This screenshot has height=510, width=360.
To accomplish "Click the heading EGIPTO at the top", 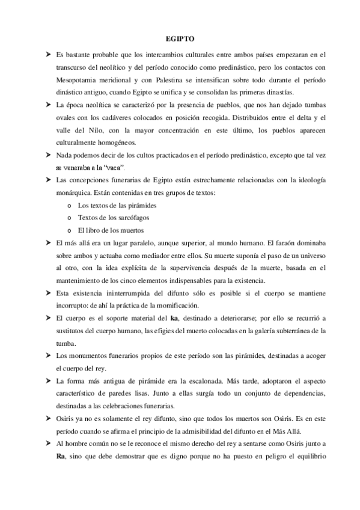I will coord(180,38).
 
